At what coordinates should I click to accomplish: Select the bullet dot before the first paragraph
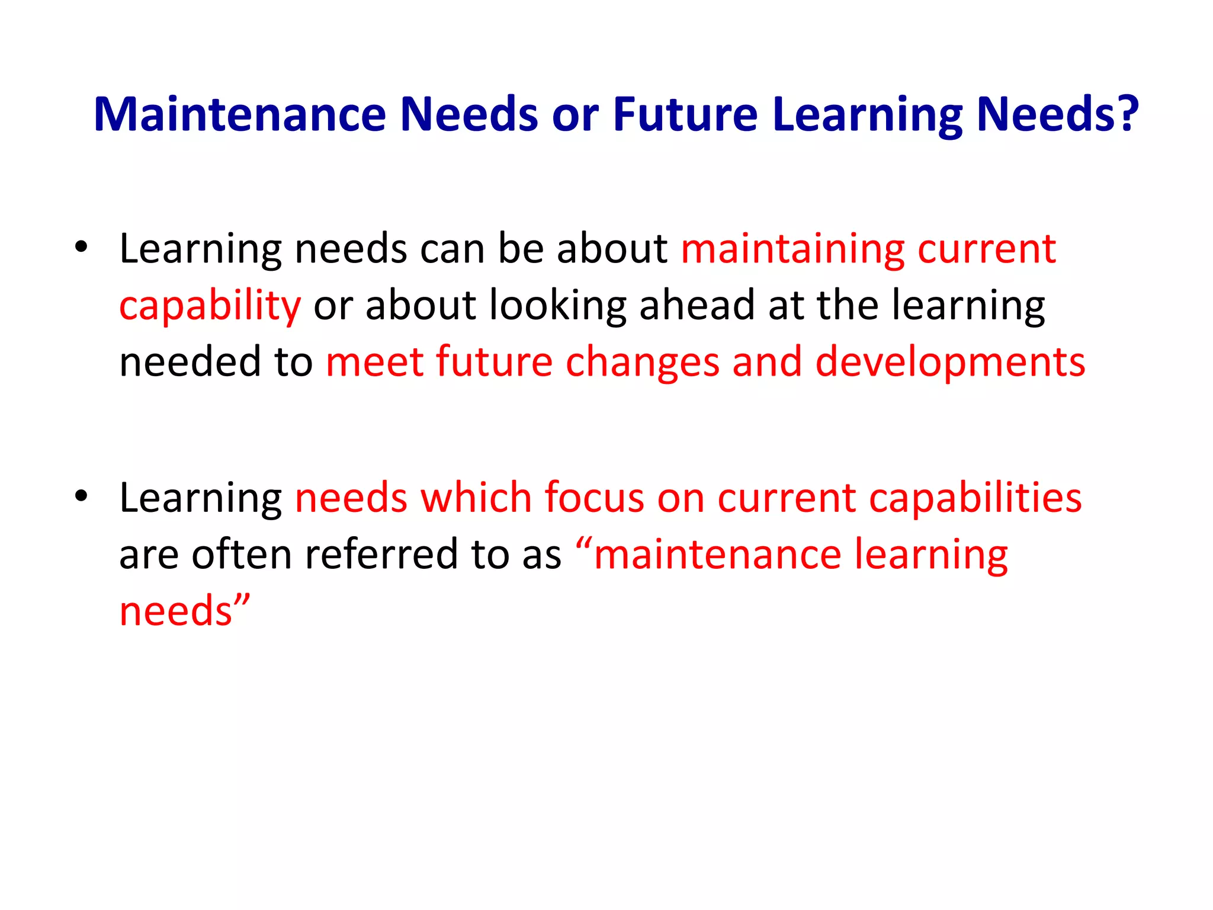81,247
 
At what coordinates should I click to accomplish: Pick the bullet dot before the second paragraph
81,496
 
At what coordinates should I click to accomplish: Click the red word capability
210,306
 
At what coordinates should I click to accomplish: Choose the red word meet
374,361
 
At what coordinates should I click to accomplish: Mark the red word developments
950,363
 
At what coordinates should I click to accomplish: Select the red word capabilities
975,498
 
